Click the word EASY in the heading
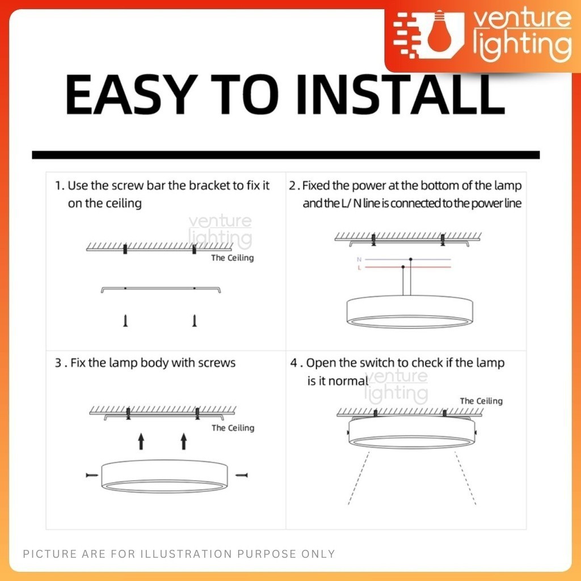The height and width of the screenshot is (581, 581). point(132,95)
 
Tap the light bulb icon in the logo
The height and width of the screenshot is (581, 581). point(439,32)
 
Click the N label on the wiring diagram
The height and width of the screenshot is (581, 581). point(359,259)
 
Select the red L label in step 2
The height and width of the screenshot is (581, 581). point(359,268)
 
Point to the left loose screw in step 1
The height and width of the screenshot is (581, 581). point(125,321)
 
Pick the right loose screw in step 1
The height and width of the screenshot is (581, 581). point(194,321)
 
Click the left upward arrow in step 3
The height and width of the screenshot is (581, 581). point(141,441)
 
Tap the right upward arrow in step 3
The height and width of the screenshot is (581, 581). point(184,441)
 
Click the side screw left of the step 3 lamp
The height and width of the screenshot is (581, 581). point(92,475)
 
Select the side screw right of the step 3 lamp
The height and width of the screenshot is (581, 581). point(242,475)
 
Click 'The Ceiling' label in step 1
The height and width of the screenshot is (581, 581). point(232,258)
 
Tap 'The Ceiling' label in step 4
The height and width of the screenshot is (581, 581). point(481,401)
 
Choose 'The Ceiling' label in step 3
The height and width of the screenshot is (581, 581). point(233,428)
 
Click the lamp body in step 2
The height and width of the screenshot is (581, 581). point(410,311)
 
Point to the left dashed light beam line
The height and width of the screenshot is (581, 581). point(359,478)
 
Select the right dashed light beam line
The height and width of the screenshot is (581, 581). point(465,478)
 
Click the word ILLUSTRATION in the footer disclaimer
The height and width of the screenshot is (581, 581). point(186,554)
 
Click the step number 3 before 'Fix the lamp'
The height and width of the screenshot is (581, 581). point(58,363)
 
